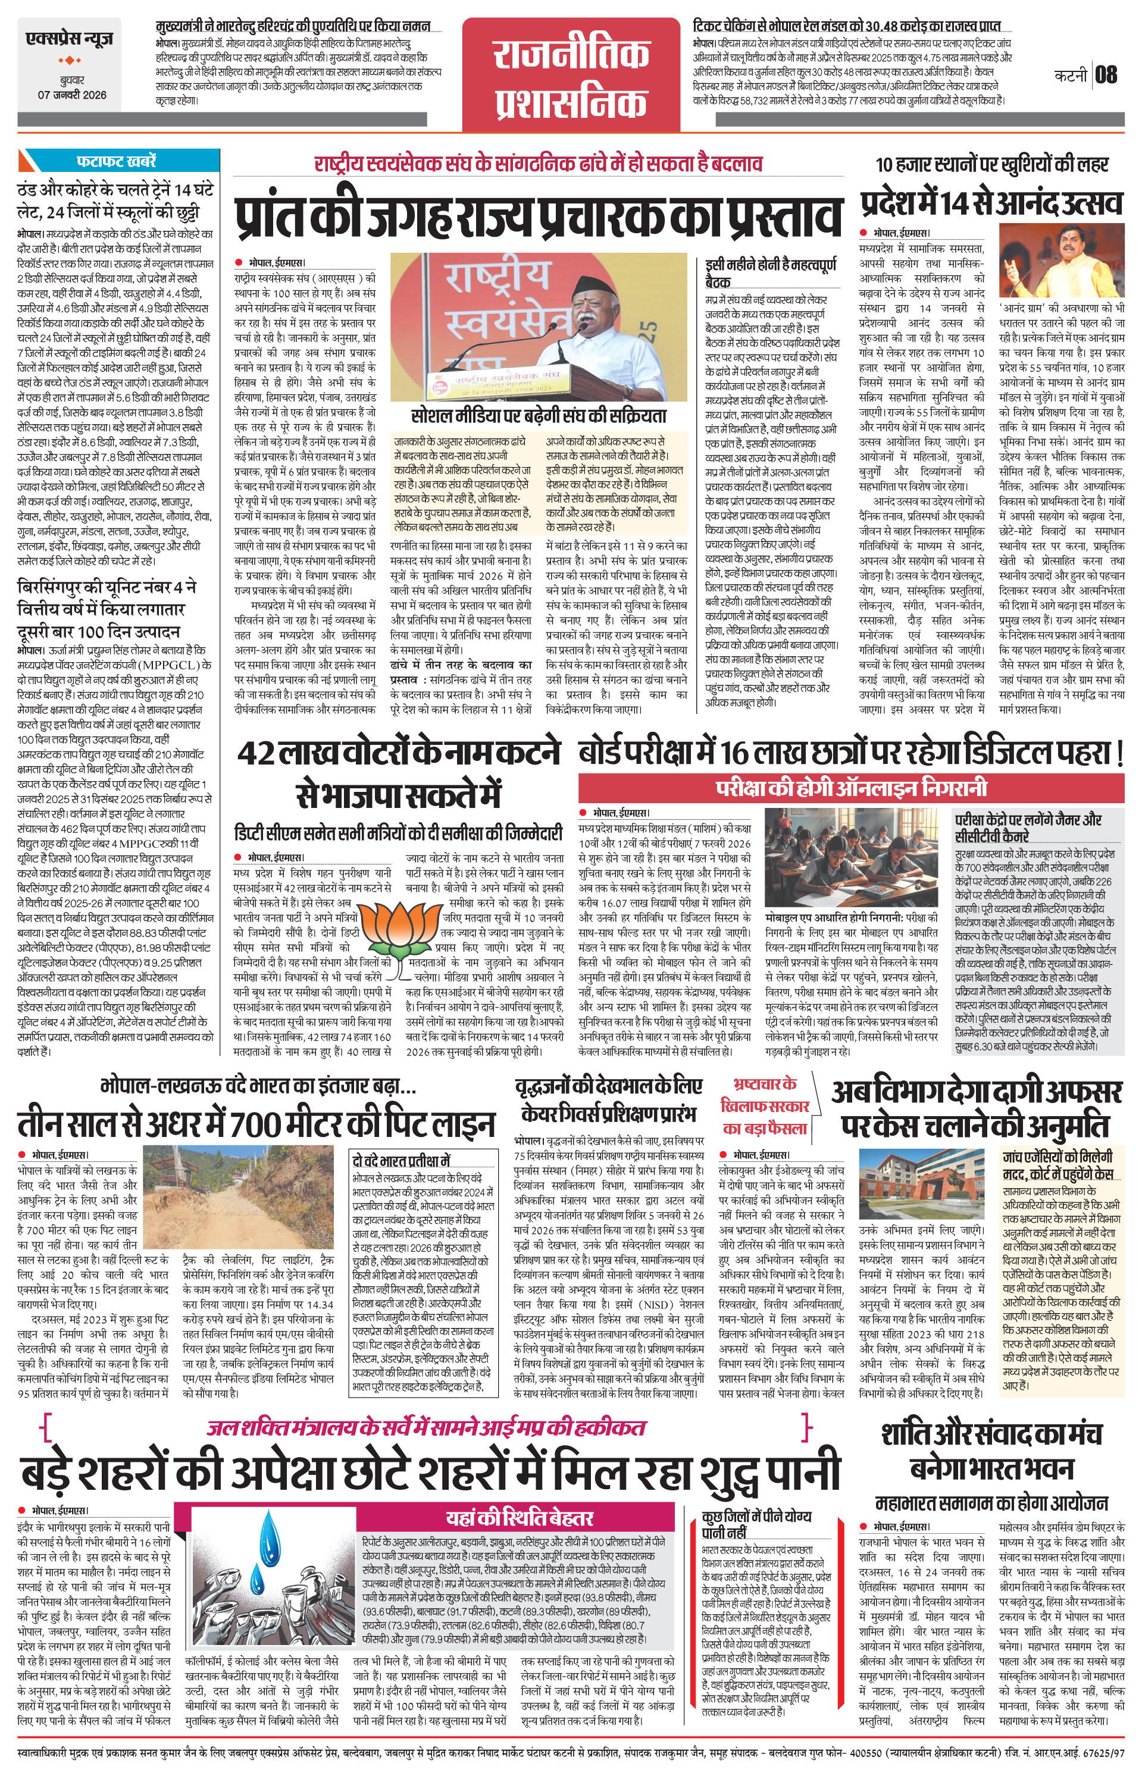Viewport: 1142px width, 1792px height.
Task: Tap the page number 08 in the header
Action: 1106,75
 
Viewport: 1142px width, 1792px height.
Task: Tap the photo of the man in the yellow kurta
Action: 1062,261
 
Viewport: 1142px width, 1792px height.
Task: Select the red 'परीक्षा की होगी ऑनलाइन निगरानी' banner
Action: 852,787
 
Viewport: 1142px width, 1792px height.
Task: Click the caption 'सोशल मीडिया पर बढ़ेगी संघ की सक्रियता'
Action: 539,415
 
